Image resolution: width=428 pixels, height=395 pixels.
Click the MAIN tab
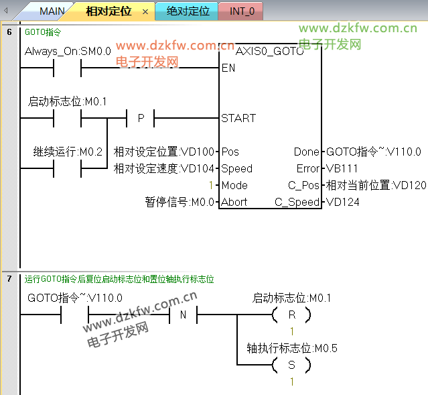point(52,11)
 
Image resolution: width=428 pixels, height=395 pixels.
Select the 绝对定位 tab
point(188,11)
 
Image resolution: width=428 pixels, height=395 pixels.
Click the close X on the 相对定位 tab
point(145,12)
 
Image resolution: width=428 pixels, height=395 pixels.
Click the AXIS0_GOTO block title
point(269,52)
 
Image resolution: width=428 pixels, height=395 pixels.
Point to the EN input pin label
point(228,68)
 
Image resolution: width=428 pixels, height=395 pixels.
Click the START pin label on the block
point(238,118)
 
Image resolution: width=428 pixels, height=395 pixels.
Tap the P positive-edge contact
point(141,118)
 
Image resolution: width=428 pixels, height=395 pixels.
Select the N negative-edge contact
point(182,315)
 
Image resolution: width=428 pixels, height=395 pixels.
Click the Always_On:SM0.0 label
point(68,51)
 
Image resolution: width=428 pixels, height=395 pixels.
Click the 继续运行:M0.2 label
point(68,152)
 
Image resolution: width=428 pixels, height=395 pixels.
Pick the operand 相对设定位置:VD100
point(165,152)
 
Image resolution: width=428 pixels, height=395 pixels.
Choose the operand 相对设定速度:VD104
point(165,169)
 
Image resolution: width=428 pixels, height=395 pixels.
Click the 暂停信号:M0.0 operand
point(180,202)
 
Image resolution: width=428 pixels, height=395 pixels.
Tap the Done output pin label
point(307,152)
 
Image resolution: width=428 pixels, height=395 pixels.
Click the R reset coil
point(291,315)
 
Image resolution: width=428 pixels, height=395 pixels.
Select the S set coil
point(291,365)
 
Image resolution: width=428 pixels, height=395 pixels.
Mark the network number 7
point(9,278)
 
